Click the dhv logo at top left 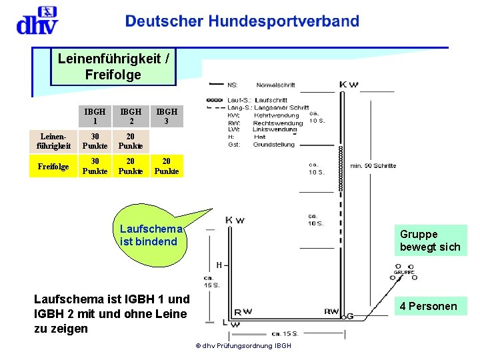pos(36,21)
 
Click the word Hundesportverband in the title pos(284,21)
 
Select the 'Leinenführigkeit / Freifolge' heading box pos(113,67)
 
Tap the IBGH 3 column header pos(167,116)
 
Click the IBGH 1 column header pos(95,116)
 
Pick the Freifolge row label pos(53,166)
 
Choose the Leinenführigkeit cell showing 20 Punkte pos(131,141)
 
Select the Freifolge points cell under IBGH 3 pos(167,166)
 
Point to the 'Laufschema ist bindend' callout pos(149,235)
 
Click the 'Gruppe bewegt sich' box pos(430,241)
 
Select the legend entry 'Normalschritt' pos(275,85)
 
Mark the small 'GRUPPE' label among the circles pos(404,272)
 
